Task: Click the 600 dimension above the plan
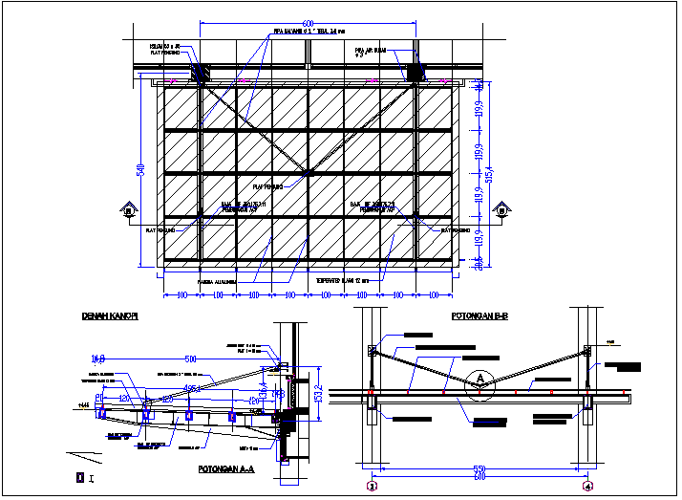307,23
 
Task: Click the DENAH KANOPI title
109,316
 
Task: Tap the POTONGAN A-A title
225,469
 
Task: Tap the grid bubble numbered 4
587,488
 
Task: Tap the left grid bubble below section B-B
373,488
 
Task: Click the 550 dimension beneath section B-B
479,469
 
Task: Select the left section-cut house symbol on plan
130,209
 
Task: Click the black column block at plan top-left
201,73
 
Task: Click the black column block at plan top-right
416,72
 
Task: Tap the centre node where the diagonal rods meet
308,173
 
